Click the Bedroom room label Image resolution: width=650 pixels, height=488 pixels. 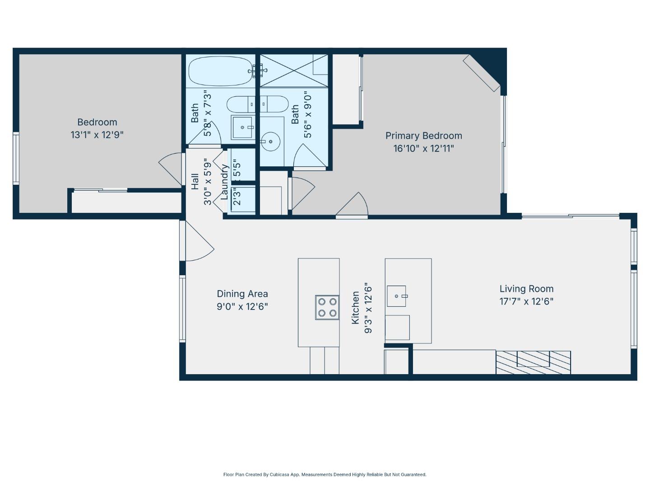97,122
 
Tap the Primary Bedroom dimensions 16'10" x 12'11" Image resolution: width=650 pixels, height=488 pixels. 423,148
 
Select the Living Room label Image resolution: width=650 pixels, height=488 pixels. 526,289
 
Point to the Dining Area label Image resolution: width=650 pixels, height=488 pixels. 242,294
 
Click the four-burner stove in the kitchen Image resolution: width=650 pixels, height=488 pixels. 327,307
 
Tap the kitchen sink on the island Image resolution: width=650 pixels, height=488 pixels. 397,296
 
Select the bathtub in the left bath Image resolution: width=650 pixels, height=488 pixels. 220,71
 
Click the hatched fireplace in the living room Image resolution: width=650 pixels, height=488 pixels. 533,362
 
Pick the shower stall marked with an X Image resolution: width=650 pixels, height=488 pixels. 294,70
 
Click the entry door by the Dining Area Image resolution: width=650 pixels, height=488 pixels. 199,242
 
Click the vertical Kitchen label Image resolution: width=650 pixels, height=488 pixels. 356,307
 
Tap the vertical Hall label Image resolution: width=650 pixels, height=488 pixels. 195,182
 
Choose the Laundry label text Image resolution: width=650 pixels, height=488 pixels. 224,182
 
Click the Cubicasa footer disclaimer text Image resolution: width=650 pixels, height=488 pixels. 325,474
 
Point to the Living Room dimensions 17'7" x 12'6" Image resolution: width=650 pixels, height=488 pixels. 526,301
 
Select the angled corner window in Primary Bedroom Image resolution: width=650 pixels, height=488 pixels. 482,72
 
